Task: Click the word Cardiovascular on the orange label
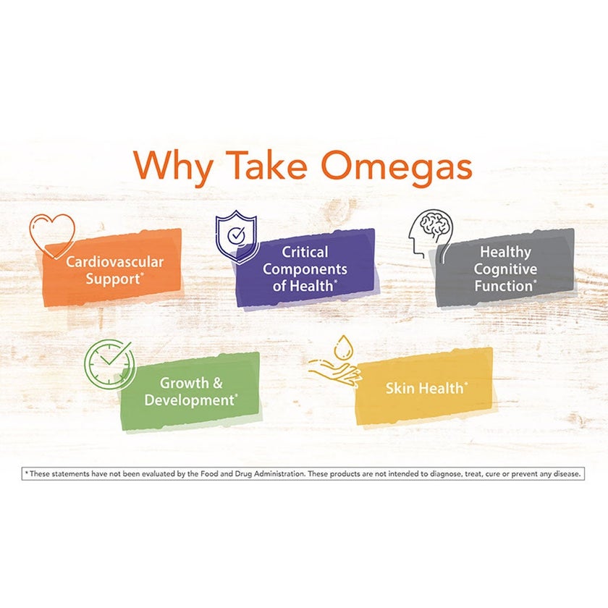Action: pyautogui.click(x=115, y=261)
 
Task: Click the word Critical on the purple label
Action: pyautogui.click(x=305, y=252)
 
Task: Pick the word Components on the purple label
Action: pyautogui.click(x=305, y=269)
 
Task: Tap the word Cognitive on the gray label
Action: pyautogui.click(x=505, y=269)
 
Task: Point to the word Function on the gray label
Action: pyautogui.click(x=504, y=286)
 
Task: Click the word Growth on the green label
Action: pyautogui.click(x=185, y=383)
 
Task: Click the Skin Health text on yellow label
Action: pyautogui.click(x=424, y=388)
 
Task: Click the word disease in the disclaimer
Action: pyautogui.click(x=567, y=474)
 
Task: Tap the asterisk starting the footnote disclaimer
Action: pyautogui.click(x=26, y=473)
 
